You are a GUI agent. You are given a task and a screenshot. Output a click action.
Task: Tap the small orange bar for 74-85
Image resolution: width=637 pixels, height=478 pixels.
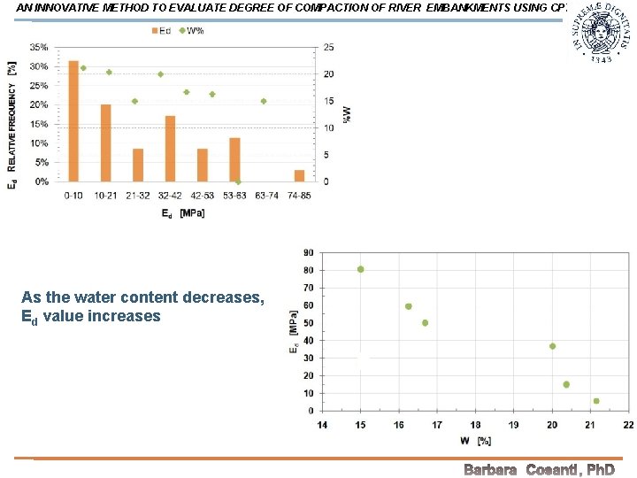pos(300,175)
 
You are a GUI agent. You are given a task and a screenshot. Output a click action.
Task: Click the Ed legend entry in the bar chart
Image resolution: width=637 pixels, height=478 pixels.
pos(161,31)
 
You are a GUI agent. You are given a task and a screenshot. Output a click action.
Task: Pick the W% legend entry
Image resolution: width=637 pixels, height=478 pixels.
pos(191,31)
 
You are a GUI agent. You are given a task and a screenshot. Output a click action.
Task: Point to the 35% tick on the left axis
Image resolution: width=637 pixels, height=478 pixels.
pos(39,47)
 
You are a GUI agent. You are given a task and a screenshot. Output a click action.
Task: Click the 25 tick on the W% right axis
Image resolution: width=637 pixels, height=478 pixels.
pos(328,47)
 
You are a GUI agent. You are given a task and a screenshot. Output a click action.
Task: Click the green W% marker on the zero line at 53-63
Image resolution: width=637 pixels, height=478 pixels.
pos(238,181)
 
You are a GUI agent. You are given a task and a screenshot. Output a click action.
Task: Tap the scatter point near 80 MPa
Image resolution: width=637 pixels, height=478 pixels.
pos(360,269)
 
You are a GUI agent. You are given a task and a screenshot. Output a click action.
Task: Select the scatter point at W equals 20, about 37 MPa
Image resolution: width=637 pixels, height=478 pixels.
pos(552,346)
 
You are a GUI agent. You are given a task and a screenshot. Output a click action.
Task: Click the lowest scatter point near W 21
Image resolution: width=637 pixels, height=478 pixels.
pos(596,401)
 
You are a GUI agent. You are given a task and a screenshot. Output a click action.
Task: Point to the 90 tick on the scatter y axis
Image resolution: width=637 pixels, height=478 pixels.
pos(307,253)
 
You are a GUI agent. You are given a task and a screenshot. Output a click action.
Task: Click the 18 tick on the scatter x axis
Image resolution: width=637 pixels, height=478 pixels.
pos(475,425)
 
